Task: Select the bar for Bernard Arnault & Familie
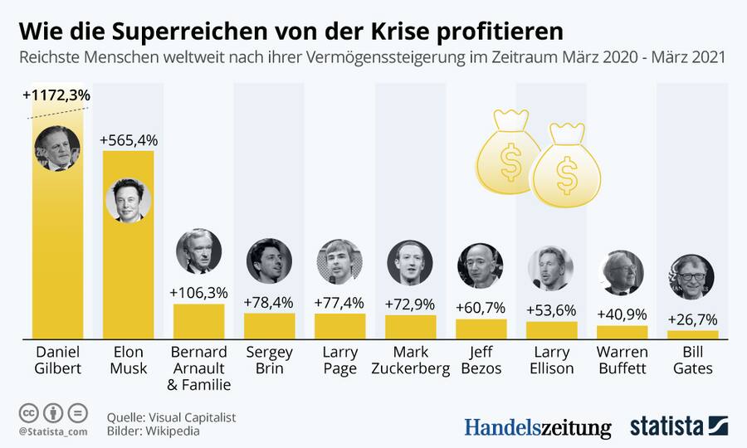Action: [198, 319]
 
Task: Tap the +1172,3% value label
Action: [56, 95]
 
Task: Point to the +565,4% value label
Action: [128, 140]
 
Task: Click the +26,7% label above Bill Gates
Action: [692, 319]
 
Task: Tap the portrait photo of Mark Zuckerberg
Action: [410, 262]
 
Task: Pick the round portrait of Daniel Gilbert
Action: [57, 149]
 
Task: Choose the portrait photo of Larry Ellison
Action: [551, 268]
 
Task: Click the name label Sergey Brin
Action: [269, 359]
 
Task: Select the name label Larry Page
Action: [339, 359]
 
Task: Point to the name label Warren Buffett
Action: [622, 359]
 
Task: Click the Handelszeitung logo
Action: [537, 427]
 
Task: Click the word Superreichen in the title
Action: [161, 32]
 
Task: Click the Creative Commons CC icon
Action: [28, 412]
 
